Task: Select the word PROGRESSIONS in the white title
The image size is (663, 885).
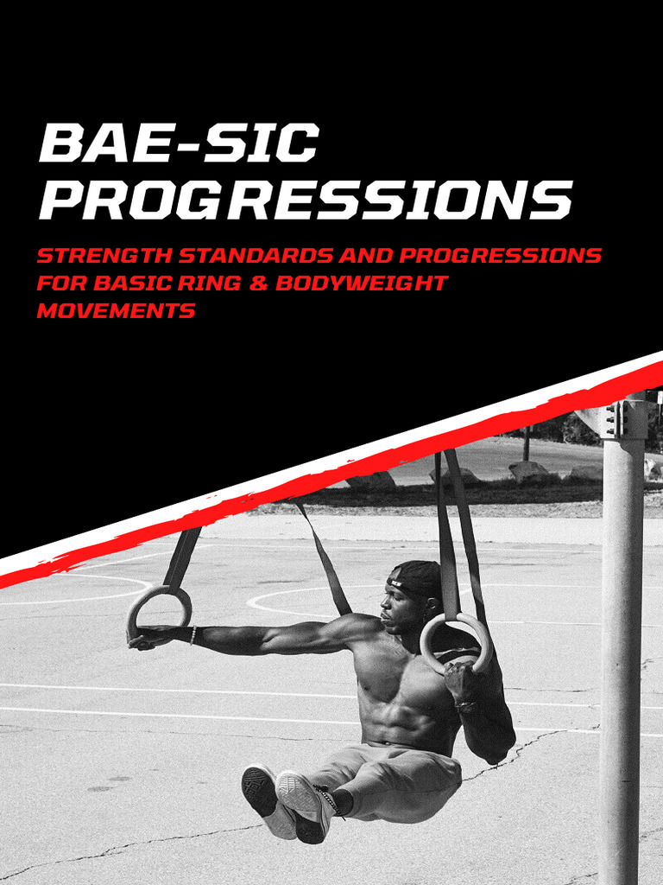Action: (305, 200)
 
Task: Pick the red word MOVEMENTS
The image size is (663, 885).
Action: (116, 311)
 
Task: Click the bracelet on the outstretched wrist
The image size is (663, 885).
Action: (193, 635)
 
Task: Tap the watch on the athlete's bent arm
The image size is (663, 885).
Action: (466, 704)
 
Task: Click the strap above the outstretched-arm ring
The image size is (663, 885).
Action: (182, 557)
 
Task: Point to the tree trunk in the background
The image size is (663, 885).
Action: (526, 442)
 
